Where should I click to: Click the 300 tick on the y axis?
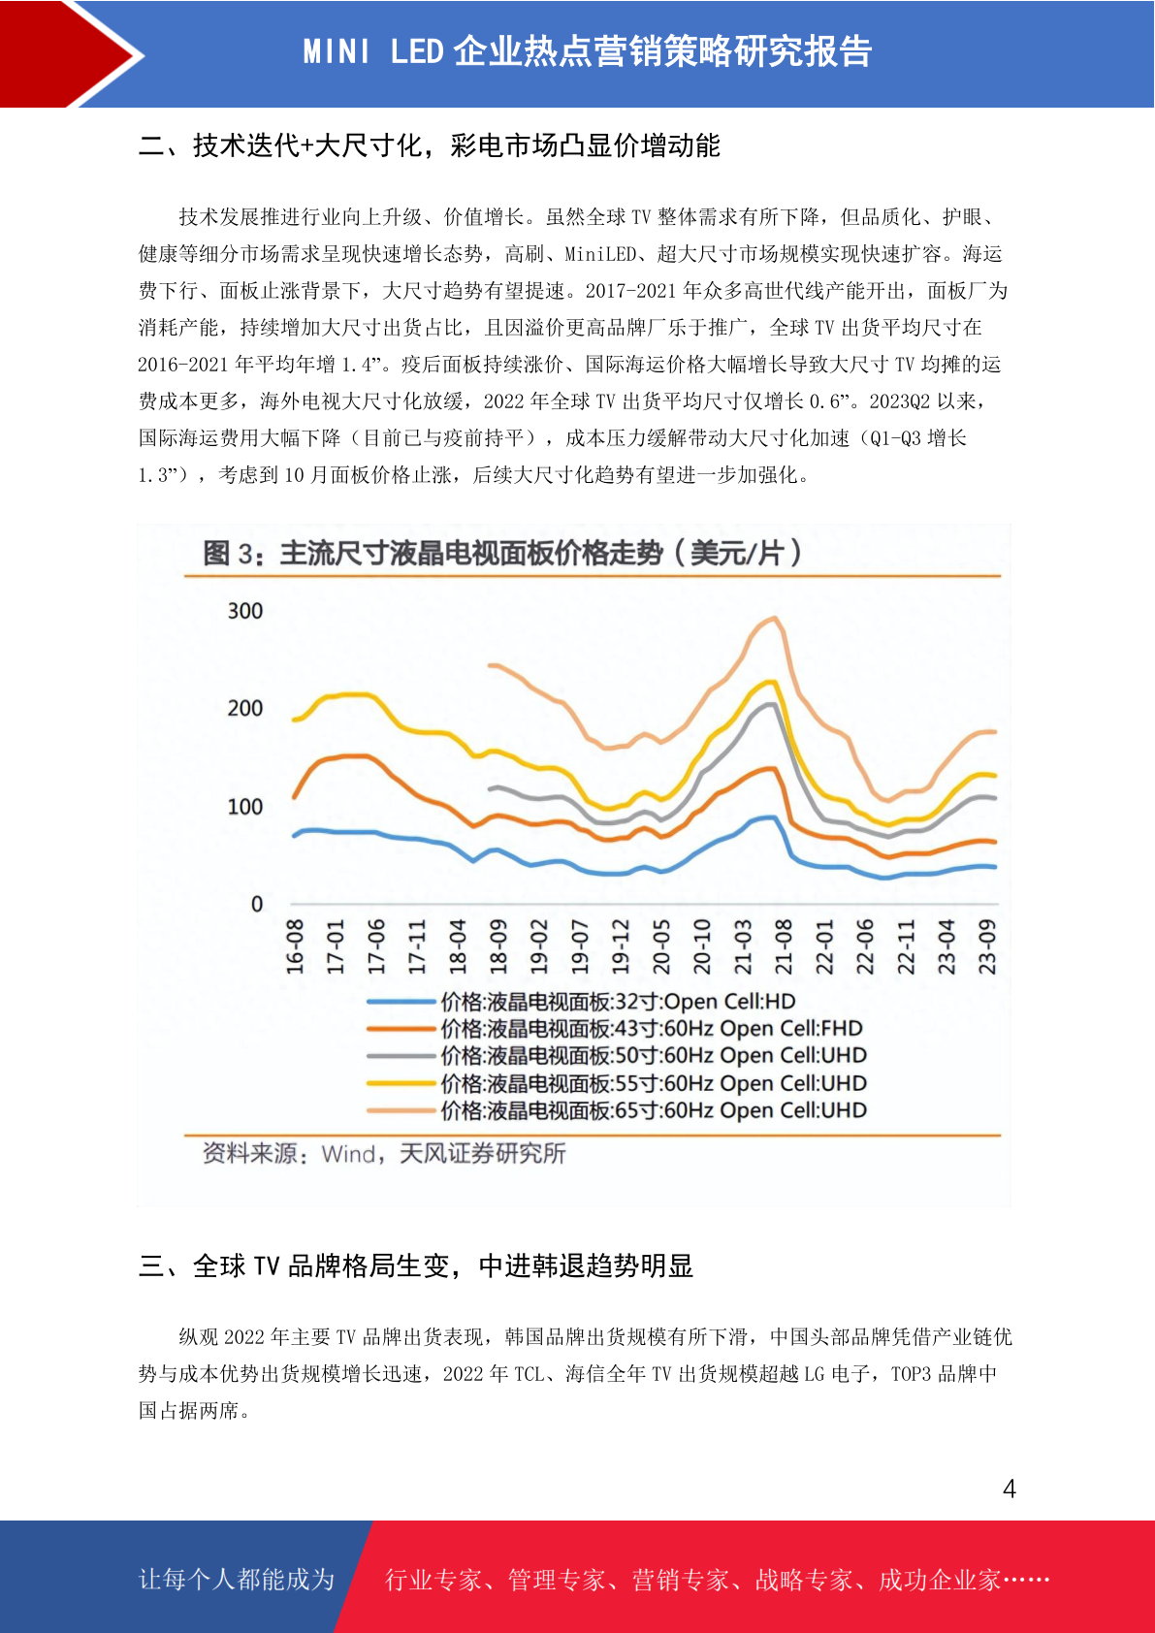point(245,611)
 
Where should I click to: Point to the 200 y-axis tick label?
point(245,709)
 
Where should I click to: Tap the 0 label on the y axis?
point(257,904)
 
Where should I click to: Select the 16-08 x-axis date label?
point(295,946)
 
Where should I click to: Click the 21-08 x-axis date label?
point(784,946)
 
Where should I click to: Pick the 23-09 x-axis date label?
point(986,946)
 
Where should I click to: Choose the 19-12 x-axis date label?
point(621,946)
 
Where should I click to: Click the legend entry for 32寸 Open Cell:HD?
point(581,1002)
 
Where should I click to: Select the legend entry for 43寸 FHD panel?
point(615,1029)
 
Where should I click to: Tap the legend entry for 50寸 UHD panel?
point(617,1056)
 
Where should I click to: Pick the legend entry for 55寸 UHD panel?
point(617,1083)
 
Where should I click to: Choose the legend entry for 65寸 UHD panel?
point(617,1110)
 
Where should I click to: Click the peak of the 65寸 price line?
point(775,619)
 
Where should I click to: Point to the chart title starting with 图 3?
point(501,554)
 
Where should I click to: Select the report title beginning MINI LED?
point(587,51)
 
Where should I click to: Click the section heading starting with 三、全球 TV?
point(416,1265)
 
